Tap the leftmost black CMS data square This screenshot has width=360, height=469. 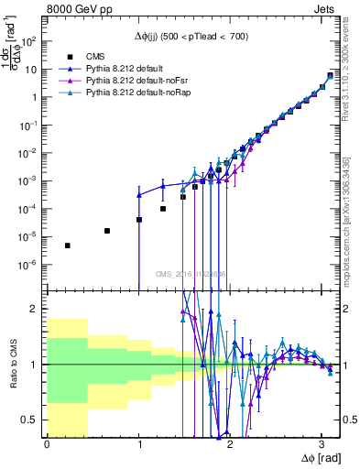67,245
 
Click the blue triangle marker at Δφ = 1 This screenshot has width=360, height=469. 138,195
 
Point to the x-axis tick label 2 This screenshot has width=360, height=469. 230,444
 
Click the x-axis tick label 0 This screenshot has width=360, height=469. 47,444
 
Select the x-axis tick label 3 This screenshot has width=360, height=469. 322,444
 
